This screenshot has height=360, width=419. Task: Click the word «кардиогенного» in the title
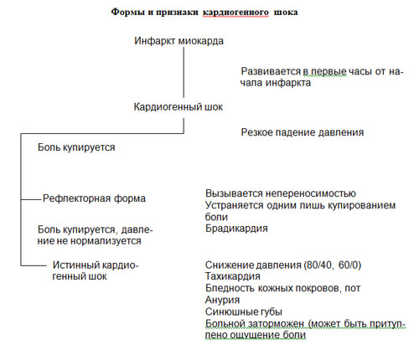(x=235, y=13)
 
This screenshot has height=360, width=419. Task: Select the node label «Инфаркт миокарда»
(x=178, y=41)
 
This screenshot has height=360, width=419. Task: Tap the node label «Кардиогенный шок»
(x=178, y=107)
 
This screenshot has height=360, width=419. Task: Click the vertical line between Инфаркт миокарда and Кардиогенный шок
(x=184, y=72)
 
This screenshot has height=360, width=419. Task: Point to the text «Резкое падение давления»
(x=303, y=132)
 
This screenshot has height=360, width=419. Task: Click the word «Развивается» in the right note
(x=271, y=71)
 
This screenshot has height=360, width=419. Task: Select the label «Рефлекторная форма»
(x=94, y=198)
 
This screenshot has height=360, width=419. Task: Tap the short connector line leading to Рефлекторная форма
(x=31, y=199)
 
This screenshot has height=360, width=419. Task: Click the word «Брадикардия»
(x=236, y=229)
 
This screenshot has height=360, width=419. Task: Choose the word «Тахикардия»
(x=233, y=276)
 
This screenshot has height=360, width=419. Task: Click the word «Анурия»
(x=222, y=300)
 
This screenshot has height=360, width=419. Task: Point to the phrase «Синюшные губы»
(x=244, y=311)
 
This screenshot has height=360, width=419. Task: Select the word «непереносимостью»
(x=310, y=193)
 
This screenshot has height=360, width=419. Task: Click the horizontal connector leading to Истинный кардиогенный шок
(x=34, y=265)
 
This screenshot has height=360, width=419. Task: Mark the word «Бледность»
(x=230, y=288)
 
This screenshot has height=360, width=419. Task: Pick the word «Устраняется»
(x=235, y=205)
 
